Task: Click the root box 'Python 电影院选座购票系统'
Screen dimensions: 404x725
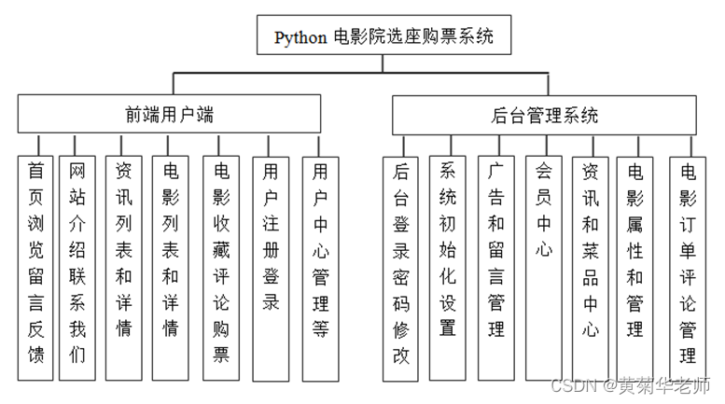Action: tap(383, 38)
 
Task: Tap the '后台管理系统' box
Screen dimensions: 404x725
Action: tap(545, 116)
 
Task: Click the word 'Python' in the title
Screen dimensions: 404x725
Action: tap(300, 38)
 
